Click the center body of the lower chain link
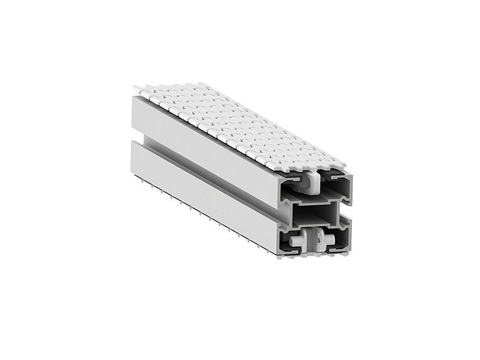313,239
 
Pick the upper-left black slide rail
290,179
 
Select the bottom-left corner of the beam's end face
280,255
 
